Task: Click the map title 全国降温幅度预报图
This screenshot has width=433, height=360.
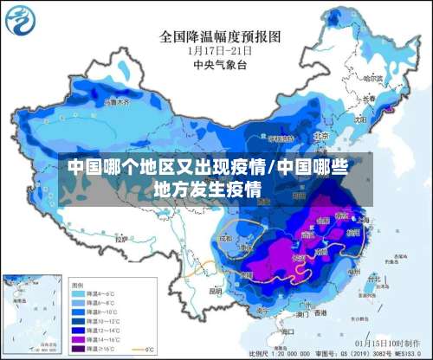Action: (221, 37)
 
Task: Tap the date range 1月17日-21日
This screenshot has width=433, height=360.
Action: (221, 50)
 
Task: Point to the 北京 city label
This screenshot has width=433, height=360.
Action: (322, 136)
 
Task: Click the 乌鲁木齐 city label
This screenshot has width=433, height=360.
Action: (116, 101)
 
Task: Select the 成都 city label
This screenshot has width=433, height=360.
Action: (226, 237)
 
